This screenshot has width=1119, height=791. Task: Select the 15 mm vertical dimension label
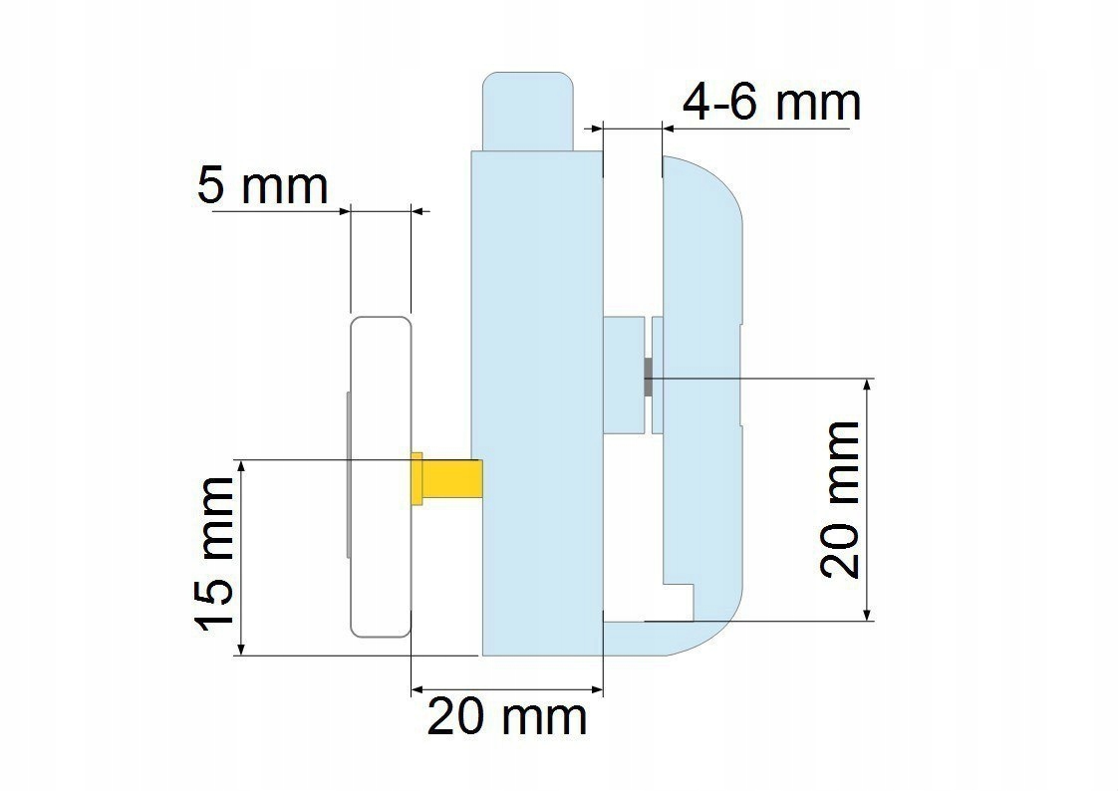point(214,554)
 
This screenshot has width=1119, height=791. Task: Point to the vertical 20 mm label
point(840,499)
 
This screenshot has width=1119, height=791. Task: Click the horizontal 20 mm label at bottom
point(507,717)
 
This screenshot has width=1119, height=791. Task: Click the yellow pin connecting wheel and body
point(446,478)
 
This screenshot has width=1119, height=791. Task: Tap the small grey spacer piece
point(648,377)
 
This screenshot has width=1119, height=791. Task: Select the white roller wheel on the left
point(381,476)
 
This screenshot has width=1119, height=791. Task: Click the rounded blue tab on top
point(528,112)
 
